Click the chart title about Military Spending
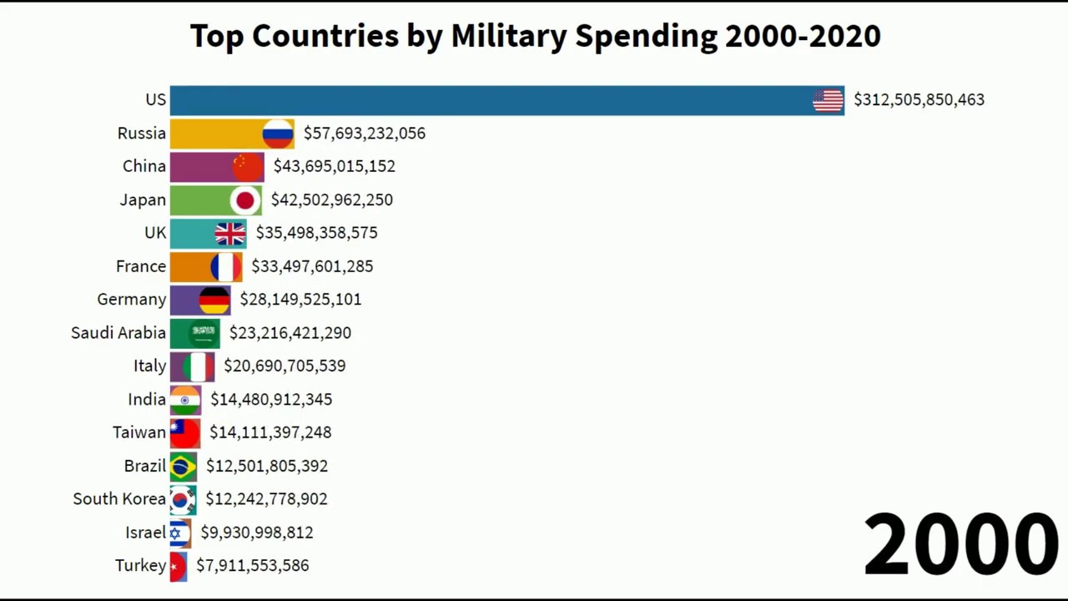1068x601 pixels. [x=535, y=36]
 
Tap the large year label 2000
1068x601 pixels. [x=961, y=544]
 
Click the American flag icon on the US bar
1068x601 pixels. [x=828, y=100]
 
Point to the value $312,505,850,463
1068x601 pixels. [x=919, y=100]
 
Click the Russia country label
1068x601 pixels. [x=142, y=134]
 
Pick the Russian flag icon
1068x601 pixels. [x=278, y=134]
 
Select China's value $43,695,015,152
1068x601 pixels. [x=334, y=166]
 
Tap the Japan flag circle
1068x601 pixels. [x=245, y=200]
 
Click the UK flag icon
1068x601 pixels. [x=230, y=233]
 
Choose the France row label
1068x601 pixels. [x=141, y=266]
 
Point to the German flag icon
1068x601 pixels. [x=214, y=300]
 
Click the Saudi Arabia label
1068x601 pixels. [x=118, y=333]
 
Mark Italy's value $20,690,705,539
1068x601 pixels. [x=285, y=366]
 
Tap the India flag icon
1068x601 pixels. [x=185, y=400]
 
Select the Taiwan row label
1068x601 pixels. [x=139, y=432]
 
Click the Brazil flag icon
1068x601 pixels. [x=183, y=466]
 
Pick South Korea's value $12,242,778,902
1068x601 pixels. [x=266, y=499]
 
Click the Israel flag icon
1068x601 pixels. [x=178, y=533]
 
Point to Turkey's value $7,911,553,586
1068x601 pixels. [x=252, y=566]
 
